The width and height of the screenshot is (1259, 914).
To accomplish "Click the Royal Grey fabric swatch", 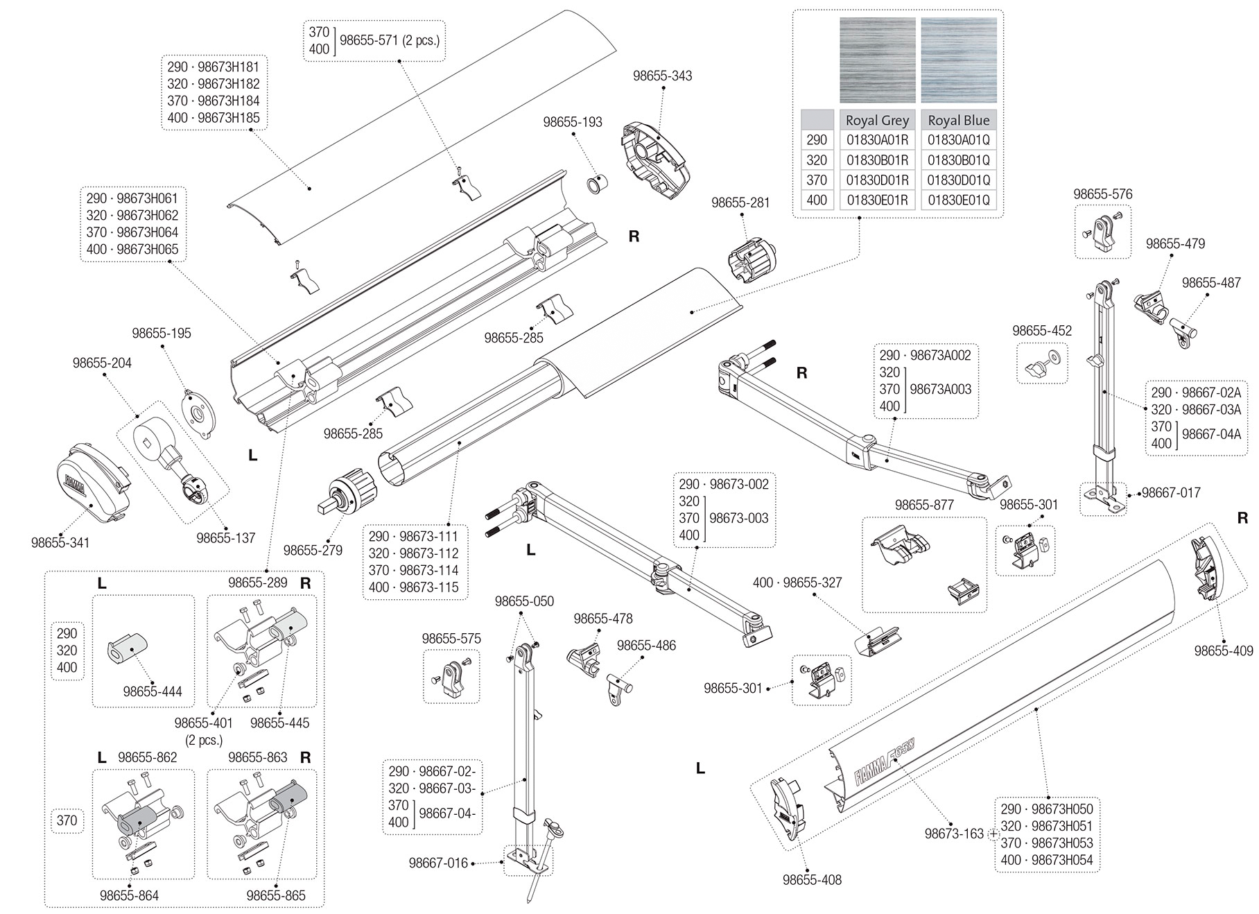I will pos(877,60).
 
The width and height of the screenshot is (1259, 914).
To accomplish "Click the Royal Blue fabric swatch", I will pos(959,60).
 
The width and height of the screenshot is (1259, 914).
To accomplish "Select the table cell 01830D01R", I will pos(877,180).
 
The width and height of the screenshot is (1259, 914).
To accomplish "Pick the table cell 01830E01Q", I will pos(959,200).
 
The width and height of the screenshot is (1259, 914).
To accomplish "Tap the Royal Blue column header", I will pos(959,120).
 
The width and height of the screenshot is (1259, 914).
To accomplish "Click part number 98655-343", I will pos(662,76).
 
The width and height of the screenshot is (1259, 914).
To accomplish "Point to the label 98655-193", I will pos(573,122).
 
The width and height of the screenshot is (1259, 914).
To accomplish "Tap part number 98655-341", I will pos(60,542).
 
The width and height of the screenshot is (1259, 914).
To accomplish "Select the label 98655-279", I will pos(313,551).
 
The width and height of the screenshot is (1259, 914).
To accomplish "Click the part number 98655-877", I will pos(924,505).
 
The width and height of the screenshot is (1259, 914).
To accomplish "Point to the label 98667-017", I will pos(1171,493).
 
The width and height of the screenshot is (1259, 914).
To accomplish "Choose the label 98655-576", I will pos(1103,194).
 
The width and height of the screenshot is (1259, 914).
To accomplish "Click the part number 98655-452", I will pos(1042,331).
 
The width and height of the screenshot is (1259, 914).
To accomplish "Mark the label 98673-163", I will pos(954,834).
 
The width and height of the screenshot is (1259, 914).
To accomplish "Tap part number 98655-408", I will pos(812,880).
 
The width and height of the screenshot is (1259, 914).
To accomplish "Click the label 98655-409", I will pos(1224,650).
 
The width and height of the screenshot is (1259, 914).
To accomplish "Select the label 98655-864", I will pos(129,895).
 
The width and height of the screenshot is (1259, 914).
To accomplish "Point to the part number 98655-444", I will pos(153,691).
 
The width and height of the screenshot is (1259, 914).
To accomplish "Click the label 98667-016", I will pos(438,863).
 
